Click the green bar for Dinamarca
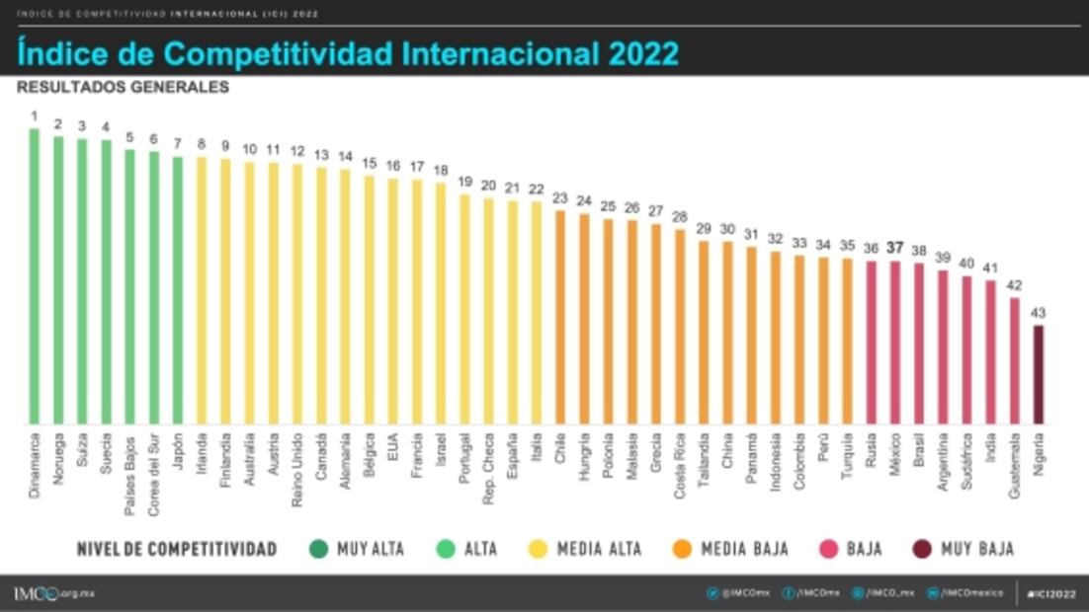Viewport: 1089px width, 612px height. pos(35,276)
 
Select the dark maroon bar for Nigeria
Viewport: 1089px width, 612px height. pos(1038,375)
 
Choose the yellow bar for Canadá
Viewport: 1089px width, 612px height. pos(321,296)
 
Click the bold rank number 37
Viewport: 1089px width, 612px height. pos(895,247)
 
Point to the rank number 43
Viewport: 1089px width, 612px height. pos(1038,312)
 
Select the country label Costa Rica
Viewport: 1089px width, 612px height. pos(680,465)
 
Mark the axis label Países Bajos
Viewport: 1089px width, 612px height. pos(130,472)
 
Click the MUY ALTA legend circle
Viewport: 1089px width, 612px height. pos(318,549)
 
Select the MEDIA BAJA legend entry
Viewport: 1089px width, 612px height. pos(730,549)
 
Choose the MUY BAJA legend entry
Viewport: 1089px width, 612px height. pos(963,549)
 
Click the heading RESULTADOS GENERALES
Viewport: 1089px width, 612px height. pos(123,87)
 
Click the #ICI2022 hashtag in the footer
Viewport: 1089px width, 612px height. pos(1050,593)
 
